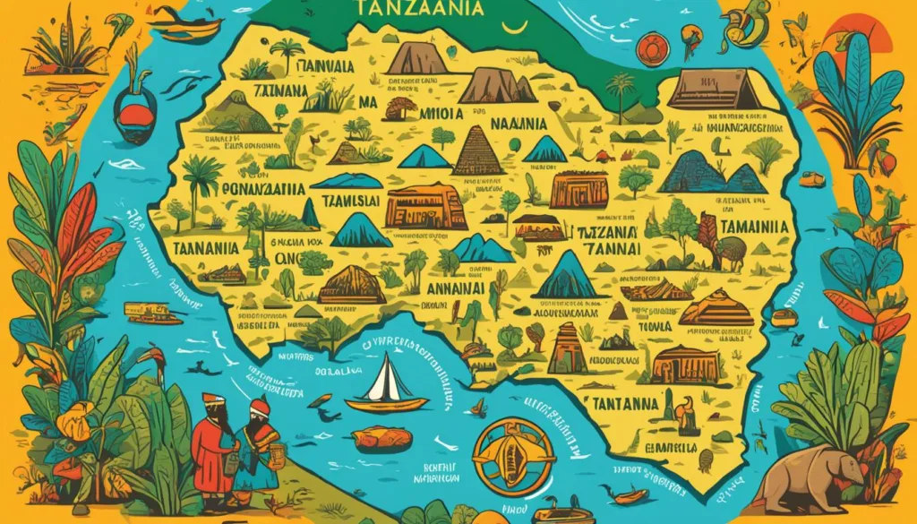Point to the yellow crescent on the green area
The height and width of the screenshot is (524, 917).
[514, 24]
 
